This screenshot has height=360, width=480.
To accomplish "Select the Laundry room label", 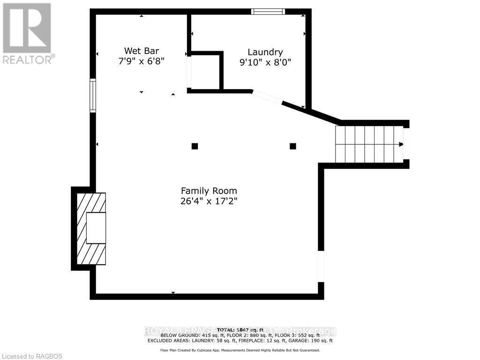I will pyautogui.click(x=265, y=52).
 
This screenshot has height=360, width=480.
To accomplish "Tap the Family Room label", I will pyautogui.click(x=209, y=191).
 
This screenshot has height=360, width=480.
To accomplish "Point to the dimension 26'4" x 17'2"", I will pyautogui.click(x=209, y=202).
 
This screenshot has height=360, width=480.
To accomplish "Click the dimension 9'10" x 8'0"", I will pyautogui.click(x=265, y=62).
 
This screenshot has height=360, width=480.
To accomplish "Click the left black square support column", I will pyautogui.click(x=195, y=146).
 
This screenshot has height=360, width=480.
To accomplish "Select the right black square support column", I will pyautogui.click(x=293, y=146).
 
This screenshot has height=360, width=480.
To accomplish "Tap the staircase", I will pyautogui.click(x=368, y=144).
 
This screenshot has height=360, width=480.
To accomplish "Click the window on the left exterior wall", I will pyautogui.click(x=93, y=96).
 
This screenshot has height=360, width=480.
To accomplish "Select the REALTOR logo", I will pyautogui.click(x=27, y=33).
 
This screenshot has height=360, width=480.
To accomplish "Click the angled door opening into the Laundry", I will pyautogui.click(x=267, y=97).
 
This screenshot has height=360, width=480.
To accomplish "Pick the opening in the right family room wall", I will pyautogui.click(x=321, y=266).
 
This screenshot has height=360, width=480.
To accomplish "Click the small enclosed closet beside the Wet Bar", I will pyautogui.click(x=205, y=71).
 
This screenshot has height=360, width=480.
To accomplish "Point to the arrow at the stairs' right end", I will pyautogui.click(x=401, y=144).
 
